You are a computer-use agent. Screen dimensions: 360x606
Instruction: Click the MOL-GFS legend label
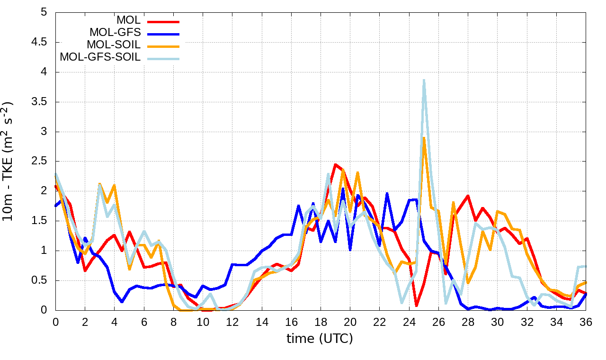[x=115, y=33]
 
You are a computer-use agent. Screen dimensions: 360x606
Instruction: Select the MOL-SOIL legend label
[x=114, y=45]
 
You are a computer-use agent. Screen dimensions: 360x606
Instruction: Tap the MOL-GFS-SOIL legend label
[x=100, y=57]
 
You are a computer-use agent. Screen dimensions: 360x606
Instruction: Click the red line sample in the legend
[x=163, y=21]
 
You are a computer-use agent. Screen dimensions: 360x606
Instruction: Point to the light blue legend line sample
[x=163, y=58]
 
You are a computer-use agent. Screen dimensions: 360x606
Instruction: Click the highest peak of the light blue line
[x=424, y=80]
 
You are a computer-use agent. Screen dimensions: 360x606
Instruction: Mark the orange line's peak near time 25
[x=424, y=138]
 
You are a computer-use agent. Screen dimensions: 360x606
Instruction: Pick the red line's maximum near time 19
[x=335, y=164]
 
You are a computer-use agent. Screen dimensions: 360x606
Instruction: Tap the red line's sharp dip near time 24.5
[x=416, y=306]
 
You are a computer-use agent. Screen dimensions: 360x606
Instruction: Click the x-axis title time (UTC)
[x=320, y=339]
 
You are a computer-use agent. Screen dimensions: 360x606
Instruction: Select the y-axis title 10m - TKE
[x=8, y=161]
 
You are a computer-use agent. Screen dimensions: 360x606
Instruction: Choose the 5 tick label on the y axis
[x=45, y=12]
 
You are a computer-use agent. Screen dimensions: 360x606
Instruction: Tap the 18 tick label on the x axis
[x=321, y=322]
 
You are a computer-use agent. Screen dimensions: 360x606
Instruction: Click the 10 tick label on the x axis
[x=203, y=322]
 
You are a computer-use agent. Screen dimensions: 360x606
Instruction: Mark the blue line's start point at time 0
[x=55, y=206]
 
